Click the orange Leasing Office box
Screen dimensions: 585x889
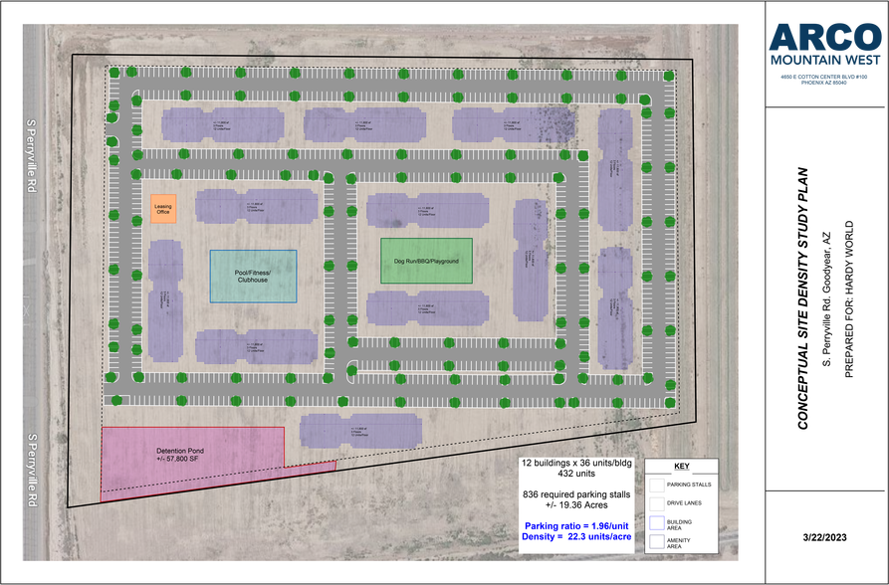(x=163, y=209)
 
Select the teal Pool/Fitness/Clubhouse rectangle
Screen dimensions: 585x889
(x=253, y=276)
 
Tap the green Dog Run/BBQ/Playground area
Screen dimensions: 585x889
(x=426, y=261)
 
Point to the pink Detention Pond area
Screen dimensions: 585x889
(x=189, y=458)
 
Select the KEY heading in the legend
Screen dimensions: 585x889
(x=681, y=466)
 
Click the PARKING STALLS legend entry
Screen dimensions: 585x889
(x=687, y=484)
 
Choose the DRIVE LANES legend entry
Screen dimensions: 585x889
(x=687, y=502)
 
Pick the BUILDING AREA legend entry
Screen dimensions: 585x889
(x=687, y=522)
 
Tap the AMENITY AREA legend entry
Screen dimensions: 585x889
(x=687, y=542)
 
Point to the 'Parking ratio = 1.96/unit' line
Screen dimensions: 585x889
(x=576, y=525)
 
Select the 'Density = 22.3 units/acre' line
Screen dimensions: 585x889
(x=576, y=537)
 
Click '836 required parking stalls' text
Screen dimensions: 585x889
(x=576, y=493)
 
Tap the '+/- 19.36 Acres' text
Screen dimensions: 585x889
(x=576, y=505)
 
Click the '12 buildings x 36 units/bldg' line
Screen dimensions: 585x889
(x=576, y=464)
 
